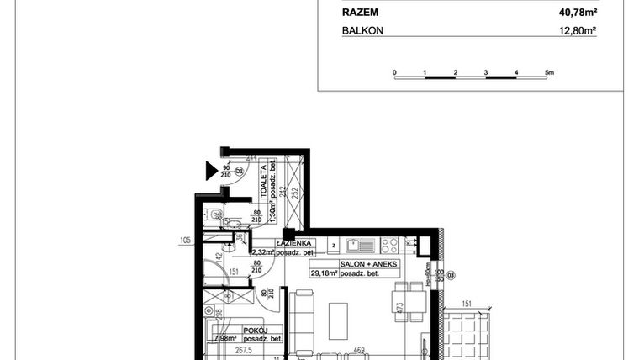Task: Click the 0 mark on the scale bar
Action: click(x=394, y=73)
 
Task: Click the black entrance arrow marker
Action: click(x=211, y=172)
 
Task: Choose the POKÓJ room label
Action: click(x=255, y=331)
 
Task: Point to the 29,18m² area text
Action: click(x=323, y=273)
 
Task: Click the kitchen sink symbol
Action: click(x=358, y=246)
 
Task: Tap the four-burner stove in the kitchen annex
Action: click(x=389, y=245)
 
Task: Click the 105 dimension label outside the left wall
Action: click(x=187, y=241)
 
